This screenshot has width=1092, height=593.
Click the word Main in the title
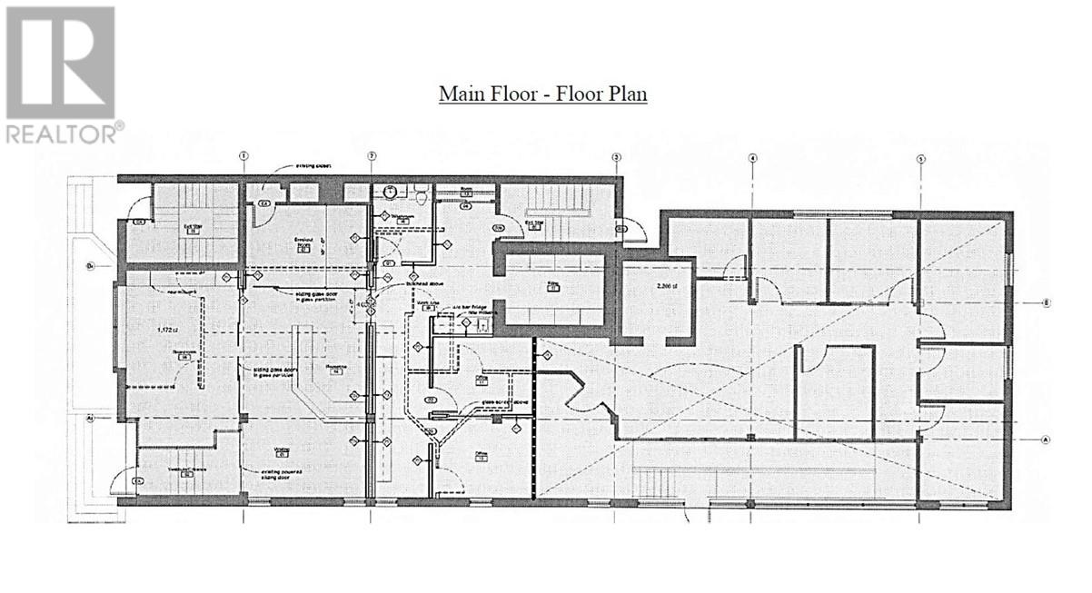[x=460, y=94]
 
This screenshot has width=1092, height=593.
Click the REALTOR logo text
[x=61, y=134]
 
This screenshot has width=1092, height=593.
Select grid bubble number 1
[x=243, y=156]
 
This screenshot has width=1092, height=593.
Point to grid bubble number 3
[x=616, y=157]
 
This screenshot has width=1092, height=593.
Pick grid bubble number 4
[x=752, y=157]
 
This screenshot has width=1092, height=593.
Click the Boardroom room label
[x=184, y=356]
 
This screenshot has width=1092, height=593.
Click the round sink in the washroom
[x=388, y=192]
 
